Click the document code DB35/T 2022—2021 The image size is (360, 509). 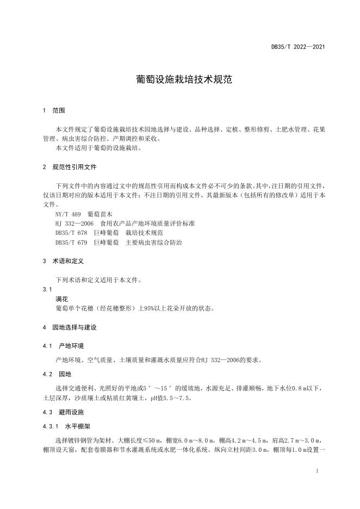pos(298,47)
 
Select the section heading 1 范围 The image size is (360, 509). pos(54,110)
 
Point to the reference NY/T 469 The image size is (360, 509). pos(68,214)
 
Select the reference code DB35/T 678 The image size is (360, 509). pos(72,233)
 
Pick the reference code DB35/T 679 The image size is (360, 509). pos(72,243)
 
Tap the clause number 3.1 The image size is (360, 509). pos(47,290)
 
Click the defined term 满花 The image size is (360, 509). pos(61,299)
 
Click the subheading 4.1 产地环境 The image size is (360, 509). pos(64,346)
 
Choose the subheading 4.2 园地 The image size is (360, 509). pos(57,374)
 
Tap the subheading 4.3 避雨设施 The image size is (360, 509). pos(64,413)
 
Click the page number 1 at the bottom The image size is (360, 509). pos(316,470)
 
